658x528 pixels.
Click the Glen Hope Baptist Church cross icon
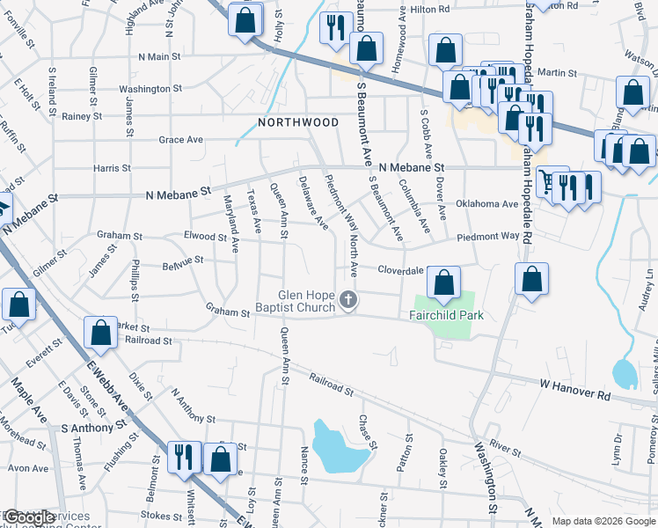click(x=348, y=301)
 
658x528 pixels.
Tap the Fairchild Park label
click(x=447, y=315)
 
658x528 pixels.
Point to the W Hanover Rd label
click(x=575, y=391)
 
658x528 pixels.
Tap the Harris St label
click(x=112, y=167)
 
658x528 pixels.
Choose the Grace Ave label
click(x=180, y=139)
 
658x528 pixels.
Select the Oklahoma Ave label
click(x=486, y=204)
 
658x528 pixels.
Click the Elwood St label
click(x=205, y=236)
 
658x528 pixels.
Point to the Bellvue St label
click(x=182, y=260)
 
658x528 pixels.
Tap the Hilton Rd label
click(x=429, y=9)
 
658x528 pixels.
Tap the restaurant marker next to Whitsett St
click(x=183, y=458)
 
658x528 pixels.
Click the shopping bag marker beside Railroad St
click(x=100, y=334)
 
